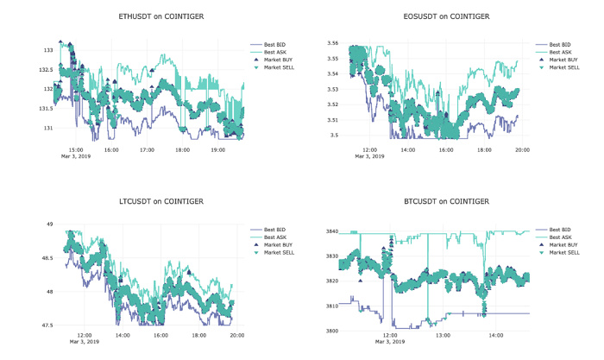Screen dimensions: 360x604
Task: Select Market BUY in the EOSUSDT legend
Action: click(x=564, y=60)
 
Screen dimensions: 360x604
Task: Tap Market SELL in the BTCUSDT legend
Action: click(x=565, y=253)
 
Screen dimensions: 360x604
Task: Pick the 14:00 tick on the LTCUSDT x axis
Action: click(x=123, y=334)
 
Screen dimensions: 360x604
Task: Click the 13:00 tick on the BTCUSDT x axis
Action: click(x=443, y=334)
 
